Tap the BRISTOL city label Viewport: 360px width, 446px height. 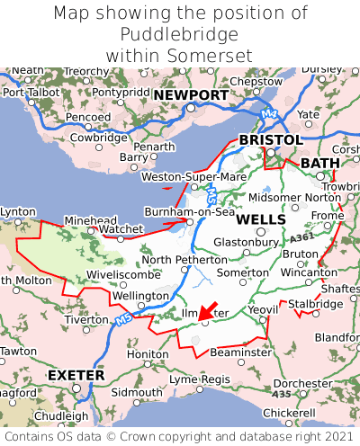pos(270,140)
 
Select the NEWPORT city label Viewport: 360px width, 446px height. pos(191,94)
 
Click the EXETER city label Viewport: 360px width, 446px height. pos(76,374)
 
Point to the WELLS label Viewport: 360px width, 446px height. pos(261,219)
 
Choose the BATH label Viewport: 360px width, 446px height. pos(319,163)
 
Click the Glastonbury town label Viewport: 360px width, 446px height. pos(246,242)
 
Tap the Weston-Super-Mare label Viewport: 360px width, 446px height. pos(193,177)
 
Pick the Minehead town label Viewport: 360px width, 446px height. pos(90,220)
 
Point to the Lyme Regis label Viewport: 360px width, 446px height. pos(199,379)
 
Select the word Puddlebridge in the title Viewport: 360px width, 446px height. pos(179,34)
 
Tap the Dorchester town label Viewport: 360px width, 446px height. pos(302,382)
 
